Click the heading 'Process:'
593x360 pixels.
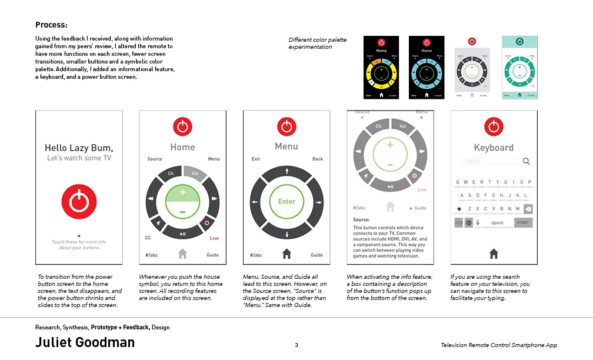[51, 25]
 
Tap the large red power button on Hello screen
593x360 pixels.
[79, 201]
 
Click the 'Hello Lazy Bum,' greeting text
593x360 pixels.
[79, 148]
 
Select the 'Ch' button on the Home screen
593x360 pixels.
[171, 174]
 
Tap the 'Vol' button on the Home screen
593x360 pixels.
[195, 174]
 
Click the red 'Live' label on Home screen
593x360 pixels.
[214, 238]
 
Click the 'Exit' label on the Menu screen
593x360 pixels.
[256, 159]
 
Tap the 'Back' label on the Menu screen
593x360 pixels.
[318, 159]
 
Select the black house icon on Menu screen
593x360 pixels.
[286, 254]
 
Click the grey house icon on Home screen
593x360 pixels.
[182, 254]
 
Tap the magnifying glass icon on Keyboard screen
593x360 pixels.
[526, 161]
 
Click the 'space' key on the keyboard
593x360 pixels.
[497, 223]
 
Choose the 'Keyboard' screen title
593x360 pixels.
[494, 148]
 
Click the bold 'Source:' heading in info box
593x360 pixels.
[361, 220]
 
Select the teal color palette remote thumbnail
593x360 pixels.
[519, 67]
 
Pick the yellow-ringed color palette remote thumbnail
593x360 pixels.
[381, 67]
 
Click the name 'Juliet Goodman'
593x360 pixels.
[85, 342]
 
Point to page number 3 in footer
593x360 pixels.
[296, 345]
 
